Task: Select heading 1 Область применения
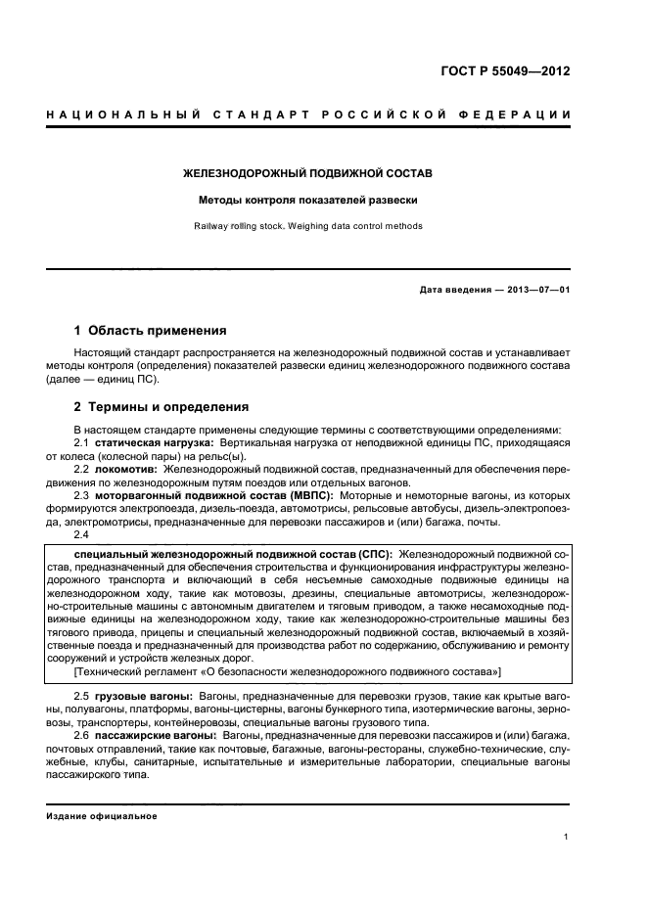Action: [151, 330]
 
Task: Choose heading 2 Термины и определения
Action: [162, 406]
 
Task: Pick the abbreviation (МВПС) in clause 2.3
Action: [306, 495]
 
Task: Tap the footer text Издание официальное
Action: [102, 815]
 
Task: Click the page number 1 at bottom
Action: [567, 836]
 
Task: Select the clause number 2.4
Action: [81, 533]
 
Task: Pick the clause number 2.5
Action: [81, 694]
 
